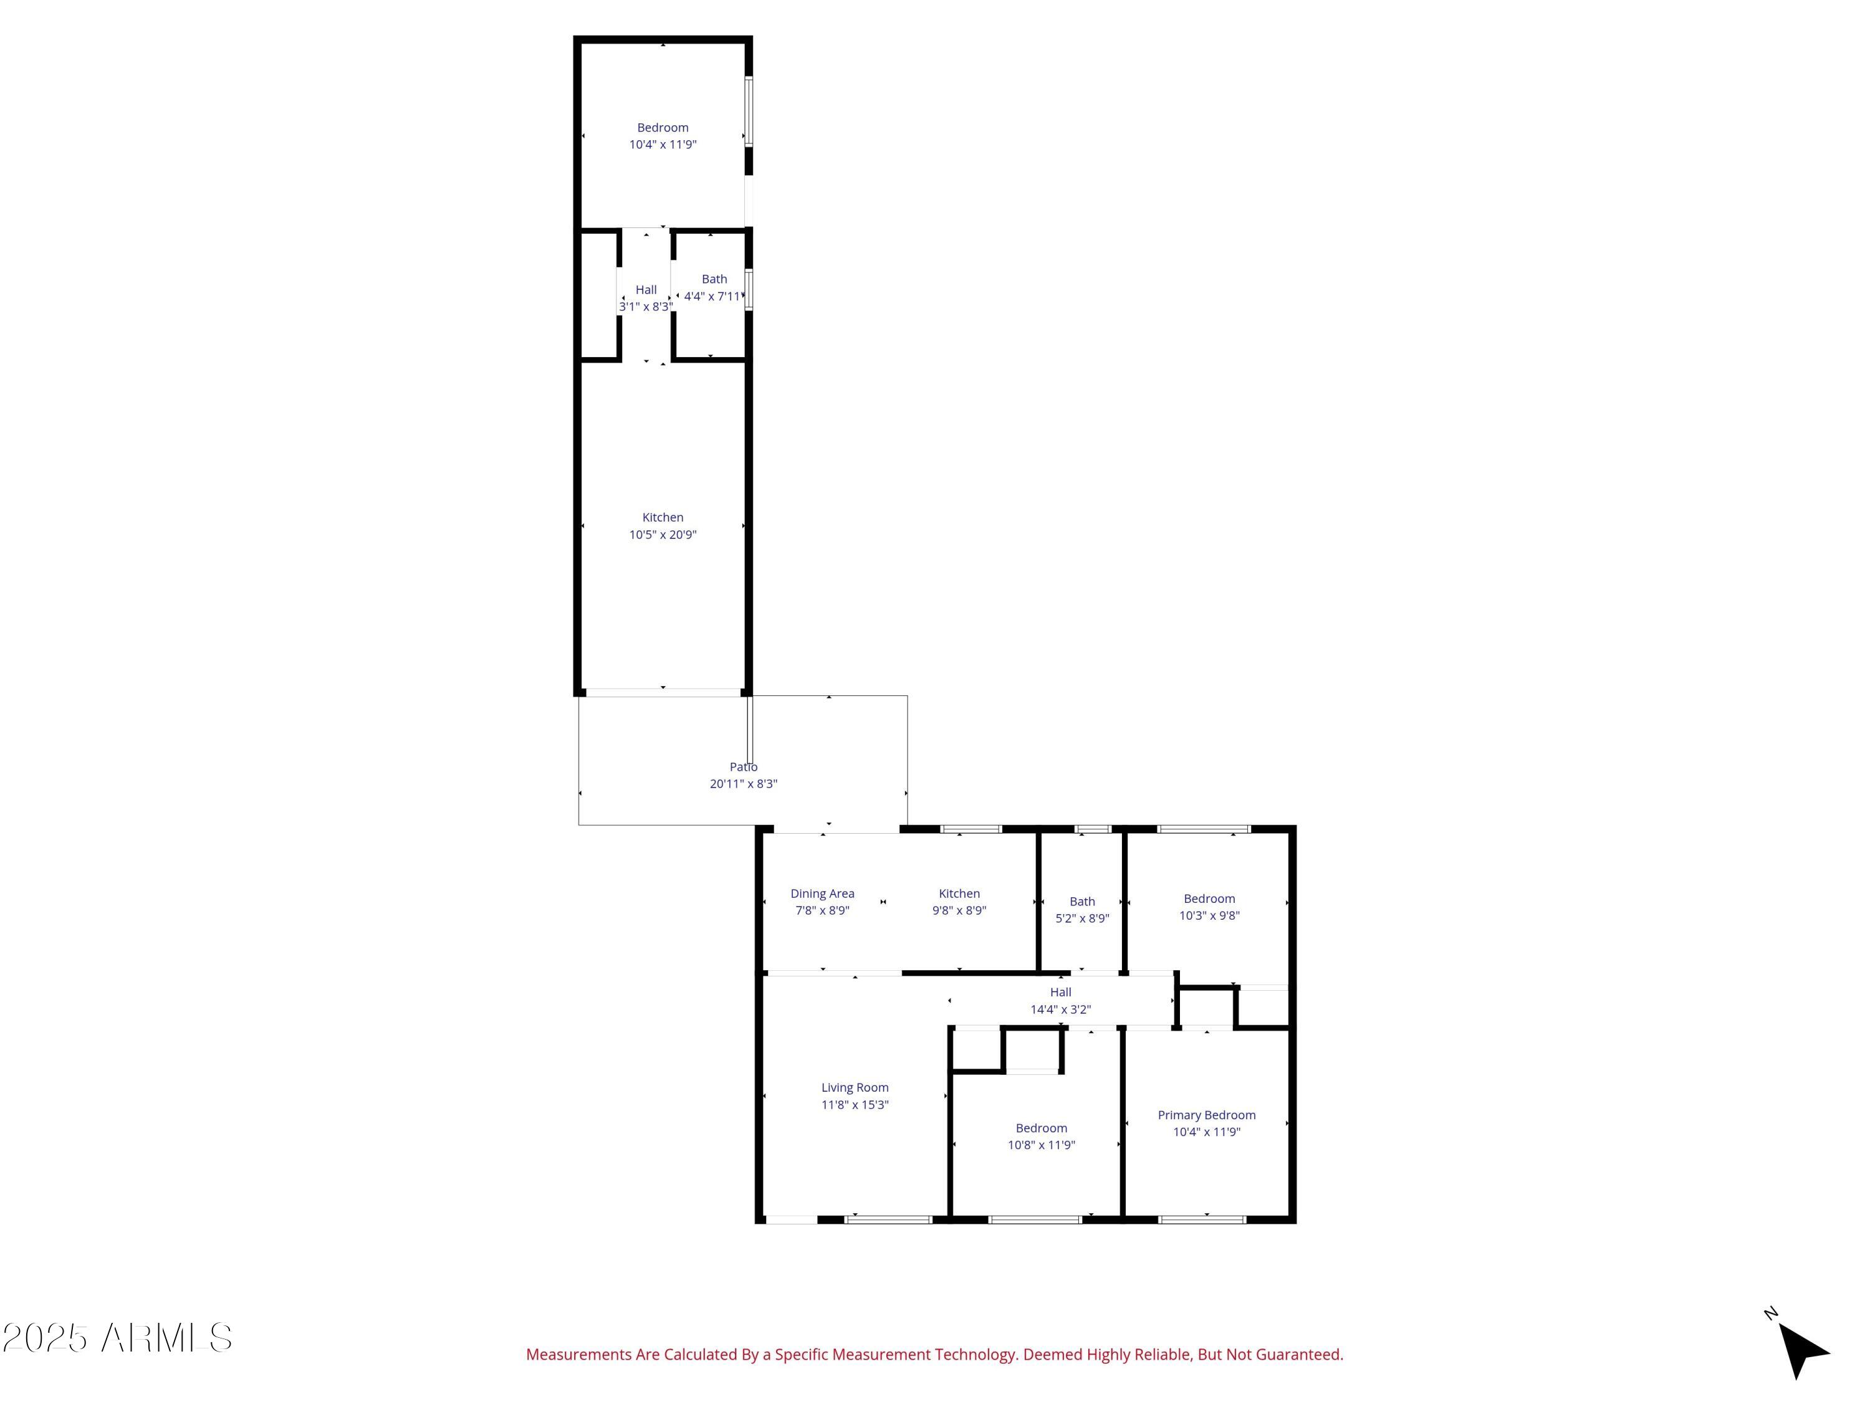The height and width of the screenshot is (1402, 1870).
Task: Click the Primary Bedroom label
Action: (x=1206, y=1115)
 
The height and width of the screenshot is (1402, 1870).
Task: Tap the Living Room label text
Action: (x=855, y=1087)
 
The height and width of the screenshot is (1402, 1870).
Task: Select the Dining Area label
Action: (x=822, y=894)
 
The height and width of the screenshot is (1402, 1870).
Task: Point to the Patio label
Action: (x=743, y=766)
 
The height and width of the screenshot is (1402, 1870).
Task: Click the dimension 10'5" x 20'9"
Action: (x=663, y=534)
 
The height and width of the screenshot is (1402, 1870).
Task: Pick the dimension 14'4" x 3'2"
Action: (x=1060, y=1009)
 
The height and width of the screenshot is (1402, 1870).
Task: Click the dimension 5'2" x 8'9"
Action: (x=1082, y=918)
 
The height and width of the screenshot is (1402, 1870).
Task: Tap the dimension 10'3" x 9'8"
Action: (x=1209, y=915)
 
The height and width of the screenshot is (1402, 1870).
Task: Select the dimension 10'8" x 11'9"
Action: (x=1041, y=1145)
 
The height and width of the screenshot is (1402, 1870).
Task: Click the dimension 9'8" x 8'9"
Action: (x=959, y=910)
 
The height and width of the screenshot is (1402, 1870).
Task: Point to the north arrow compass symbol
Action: (x=1801, y=1350)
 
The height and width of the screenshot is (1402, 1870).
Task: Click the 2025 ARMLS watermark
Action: (x=118, y=1338)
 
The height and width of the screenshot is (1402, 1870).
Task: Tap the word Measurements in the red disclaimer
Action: (x=579, y=1355)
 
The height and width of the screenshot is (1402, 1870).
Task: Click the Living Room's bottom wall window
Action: (x=888, y=1219)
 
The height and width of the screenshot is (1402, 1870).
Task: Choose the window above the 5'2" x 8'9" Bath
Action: (x=1092, y=829)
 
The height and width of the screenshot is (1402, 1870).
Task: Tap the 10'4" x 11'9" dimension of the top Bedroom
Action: (x=663, y=145)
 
